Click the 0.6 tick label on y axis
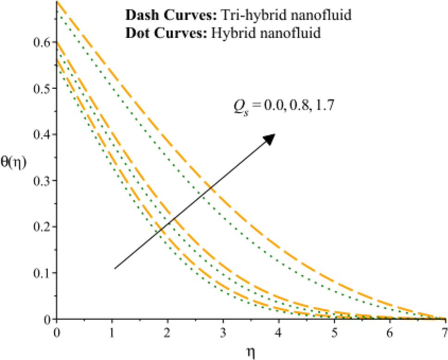pyautogui.click(x=41, y=43)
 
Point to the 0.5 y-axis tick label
pyautogui.click(x=41, y=88)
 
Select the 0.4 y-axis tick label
pyautogui.click(x=41, y=135)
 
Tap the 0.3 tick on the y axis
pyautogui.click(x=41, y=181)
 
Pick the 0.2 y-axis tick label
pyautogui.click(x=41, y=227)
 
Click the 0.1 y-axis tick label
pyautogui.click(x=41, y=273)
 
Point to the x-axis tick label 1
pyautogui.click(x=112, y=332)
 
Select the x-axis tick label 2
pyautogui.click(x=168, y=332)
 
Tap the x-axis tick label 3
pyautogui.click(x=223, y=332)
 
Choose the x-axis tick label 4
pyautogui.click(x=279, y=332)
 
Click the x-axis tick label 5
pyautogui.click(x=334, y=332)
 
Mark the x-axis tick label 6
pyautogui.click(x=390, y=332)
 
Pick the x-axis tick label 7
pyautogui.click(x=445, y=332)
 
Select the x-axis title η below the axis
pyautogui.click(x=251, y=351)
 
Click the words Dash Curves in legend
pyautogui.click(x=151, y=15)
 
